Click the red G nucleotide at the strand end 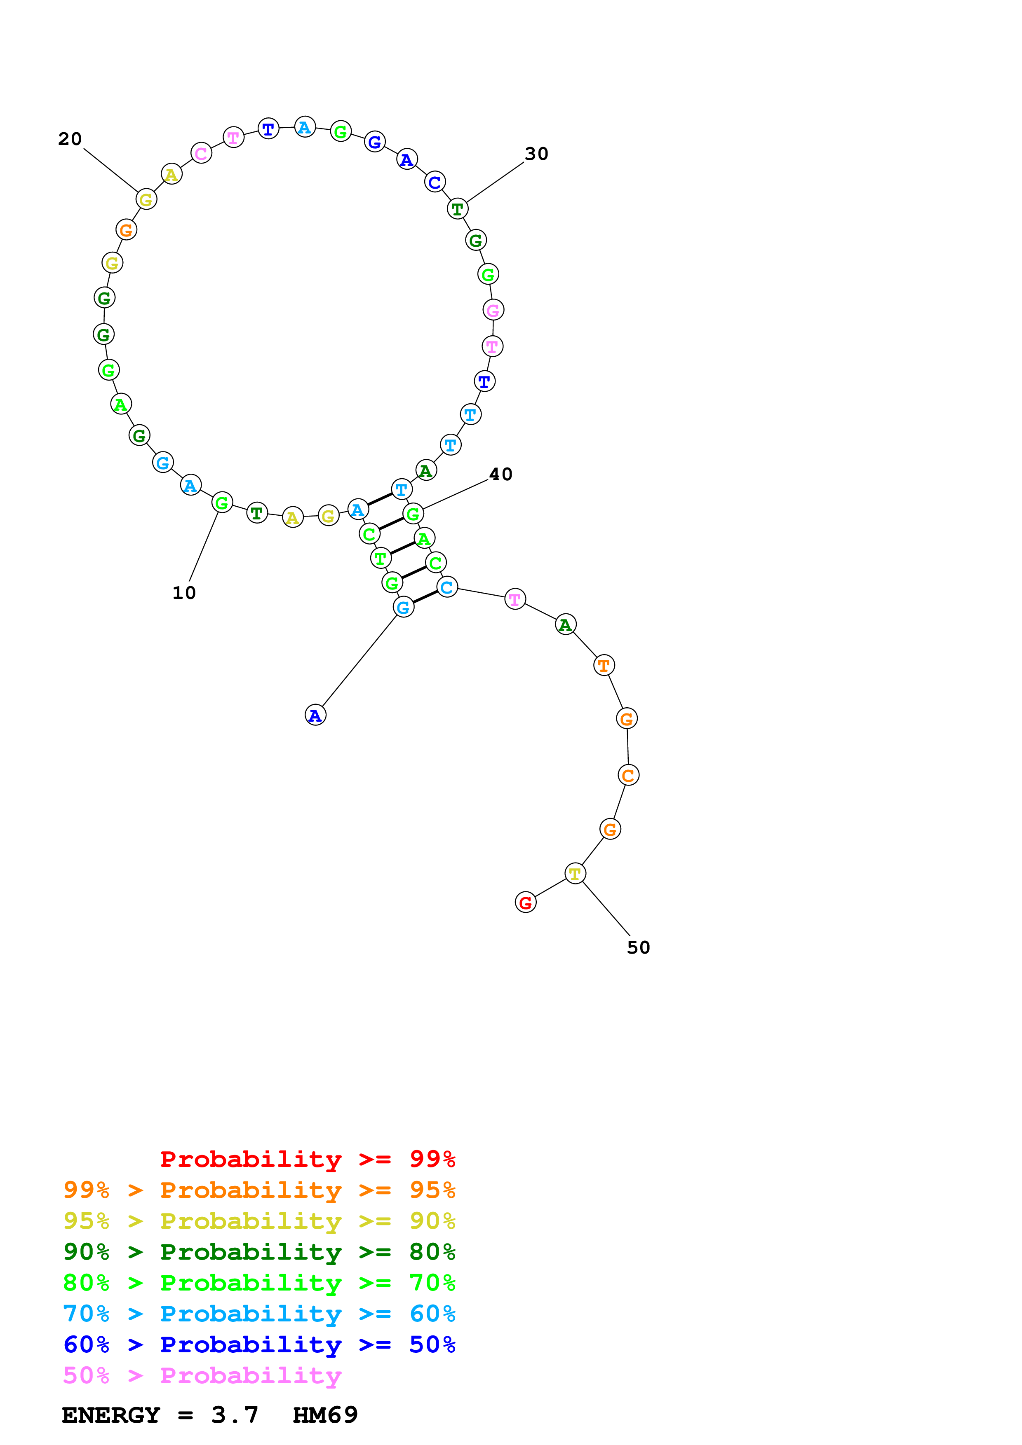[x=525, y=903]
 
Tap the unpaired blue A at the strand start [x=315, y=715]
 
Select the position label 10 [x=184, y=593]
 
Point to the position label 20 [x=70, y=139]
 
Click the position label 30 [x=536, y=154]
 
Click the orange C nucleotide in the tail [x=628, y=775]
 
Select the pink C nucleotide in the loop [x=201, y=153]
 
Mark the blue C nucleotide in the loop [x=435, y=182]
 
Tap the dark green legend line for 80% [x=259, y=1252]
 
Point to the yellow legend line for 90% [x=259, y=1221]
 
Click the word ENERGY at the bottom [x=111, y=1415]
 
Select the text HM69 [x=325, y=1415]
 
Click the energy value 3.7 [x=235, y=1415]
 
